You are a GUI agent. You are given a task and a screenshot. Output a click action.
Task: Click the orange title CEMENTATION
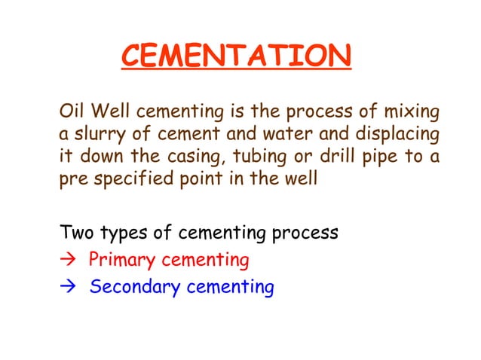pyautogui.click(x=236, y=56)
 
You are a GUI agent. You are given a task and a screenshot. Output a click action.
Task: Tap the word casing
pyautogui.click(x=198, y=160)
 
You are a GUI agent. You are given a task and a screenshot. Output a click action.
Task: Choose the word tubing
pyautogui.click(x=262, y=160)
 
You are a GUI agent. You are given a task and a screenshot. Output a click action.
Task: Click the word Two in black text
pyautogui.click(x=76, y=233)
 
